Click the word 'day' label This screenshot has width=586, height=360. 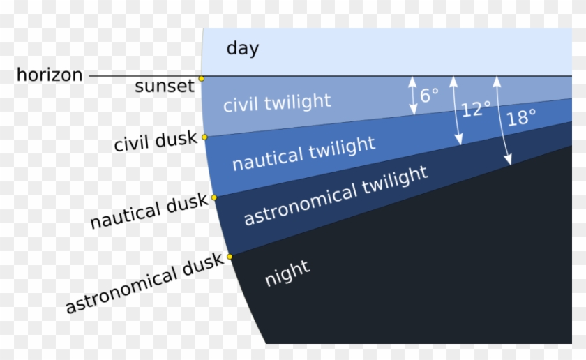[x=242, y=49]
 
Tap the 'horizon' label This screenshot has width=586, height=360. [x=50, y=75]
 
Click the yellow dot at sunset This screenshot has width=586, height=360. [x=202, y=79]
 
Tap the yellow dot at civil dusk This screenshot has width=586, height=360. [x=204, y=137]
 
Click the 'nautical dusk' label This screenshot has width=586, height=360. [x=149, y=211]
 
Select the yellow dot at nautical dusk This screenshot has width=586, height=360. [x=214, y=197]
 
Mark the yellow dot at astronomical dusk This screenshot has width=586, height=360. [x=230, y=256]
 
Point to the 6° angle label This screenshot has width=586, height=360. [x=429, y=95]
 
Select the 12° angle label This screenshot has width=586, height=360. [x=475, y=110]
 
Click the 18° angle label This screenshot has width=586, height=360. [x=521, y=118]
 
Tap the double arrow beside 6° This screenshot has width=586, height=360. [x=412, y=95]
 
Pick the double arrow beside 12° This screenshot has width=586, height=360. [x=456, y=110]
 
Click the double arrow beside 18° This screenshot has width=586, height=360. [x=502, y=120]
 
